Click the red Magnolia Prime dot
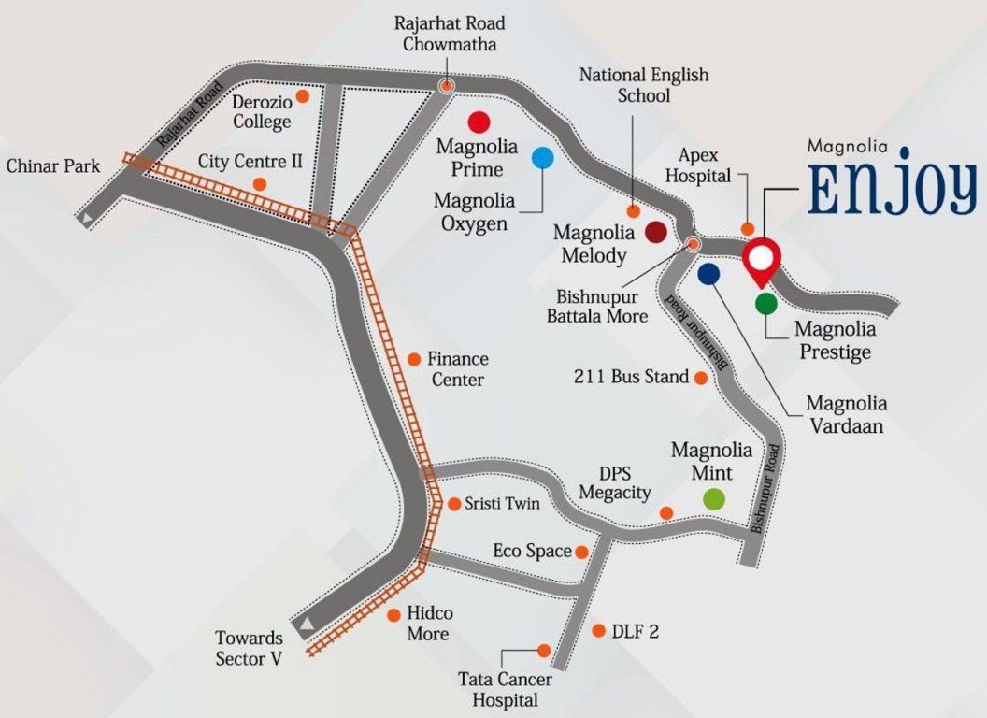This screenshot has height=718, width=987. coord(479,122)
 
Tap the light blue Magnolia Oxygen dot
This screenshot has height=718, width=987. coord(542,157)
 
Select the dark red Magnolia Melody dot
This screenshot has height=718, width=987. coord(655,233)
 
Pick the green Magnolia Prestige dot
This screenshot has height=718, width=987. coord(765,302)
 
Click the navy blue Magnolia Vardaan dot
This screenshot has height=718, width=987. coord(708,273)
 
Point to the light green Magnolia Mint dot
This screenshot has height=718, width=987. coord(714,498)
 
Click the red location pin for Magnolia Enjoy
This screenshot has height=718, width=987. coord(762,260)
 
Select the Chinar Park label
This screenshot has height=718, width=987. coord(52,166)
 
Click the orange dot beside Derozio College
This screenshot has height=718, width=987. coord(302,95)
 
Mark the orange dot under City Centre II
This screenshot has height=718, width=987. coord(259,184)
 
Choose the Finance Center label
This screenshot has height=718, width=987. coord(457,369)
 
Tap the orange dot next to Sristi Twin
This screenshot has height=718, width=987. coord(454,504)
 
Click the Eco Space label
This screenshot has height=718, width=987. coord(532,552)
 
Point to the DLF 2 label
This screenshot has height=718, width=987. coord(636,632)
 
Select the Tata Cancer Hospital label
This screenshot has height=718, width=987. coord(505,690)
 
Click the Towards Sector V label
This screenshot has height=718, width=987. coord(249,647)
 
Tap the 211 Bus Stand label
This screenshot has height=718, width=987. coord(631,378)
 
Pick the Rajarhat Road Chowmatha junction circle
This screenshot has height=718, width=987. coord(447,86)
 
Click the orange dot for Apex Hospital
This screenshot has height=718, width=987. coord(748,229)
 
